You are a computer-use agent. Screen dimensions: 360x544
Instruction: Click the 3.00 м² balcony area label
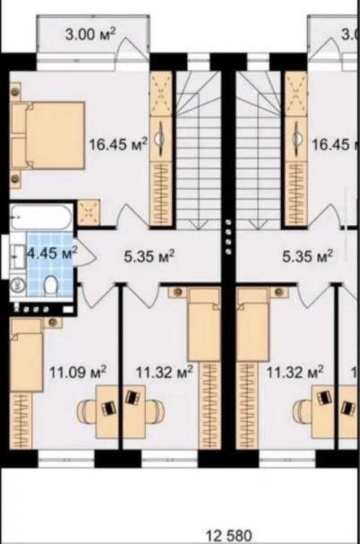[90, 35]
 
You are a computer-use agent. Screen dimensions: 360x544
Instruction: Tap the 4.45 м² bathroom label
[52, 253]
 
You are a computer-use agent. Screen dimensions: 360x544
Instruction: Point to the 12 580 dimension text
[229, 536]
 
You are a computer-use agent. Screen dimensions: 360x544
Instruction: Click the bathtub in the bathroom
[41, 218]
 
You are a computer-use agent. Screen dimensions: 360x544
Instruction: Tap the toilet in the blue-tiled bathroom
[51, 285]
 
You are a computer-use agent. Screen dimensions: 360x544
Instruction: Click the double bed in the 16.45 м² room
[48, 136]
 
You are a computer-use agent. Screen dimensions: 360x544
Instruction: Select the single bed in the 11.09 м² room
[26, 356]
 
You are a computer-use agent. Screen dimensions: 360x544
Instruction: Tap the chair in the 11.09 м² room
[85, 412]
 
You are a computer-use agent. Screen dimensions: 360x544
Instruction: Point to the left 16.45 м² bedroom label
[119, 144]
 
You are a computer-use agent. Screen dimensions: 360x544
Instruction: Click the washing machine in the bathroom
[18, 285]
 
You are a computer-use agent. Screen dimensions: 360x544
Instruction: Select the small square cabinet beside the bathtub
[89, 213]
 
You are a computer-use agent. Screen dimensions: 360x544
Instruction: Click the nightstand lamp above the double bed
[15, 92]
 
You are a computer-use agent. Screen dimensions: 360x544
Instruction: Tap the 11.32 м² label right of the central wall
[295, 372]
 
